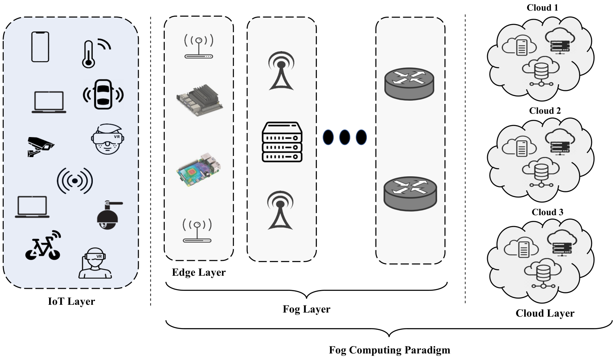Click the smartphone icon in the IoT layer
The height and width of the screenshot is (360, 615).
(x=40, y=47)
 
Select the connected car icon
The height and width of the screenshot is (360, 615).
(x=103, y=94)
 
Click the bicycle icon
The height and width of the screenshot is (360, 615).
(x=43, y=245)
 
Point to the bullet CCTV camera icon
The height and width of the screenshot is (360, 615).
(x=40, y=146)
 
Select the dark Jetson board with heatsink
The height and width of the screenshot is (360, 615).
(x=199, y=100)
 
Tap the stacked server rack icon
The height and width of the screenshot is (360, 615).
(x=282, y=142)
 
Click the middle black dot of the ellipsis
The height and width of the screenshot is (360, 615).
(x=345, y=137)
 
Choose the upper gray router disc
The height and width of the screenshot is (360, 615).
(x=409, y=84)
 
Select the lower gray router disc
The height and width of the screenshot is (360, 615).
(x=410, y=194)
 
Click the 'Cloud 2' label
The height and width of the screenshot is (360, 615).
(x=545, y=111)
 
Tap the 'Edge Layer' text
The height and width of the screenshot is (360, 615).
(x=199, y=272)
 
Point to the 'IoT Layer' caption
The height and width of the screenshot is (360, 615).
(x=72, y=301)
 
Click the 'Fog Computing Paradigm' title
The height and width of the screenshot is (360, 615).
(x=389, y=350)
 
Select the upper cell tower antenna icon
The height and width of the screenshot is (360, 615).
(x=281, y=71)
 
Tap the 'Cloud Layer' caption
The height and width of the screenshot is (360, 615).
(x=545, y=313)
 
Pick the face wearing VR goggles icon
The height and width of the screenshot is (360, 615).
(x=108, y=139)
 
